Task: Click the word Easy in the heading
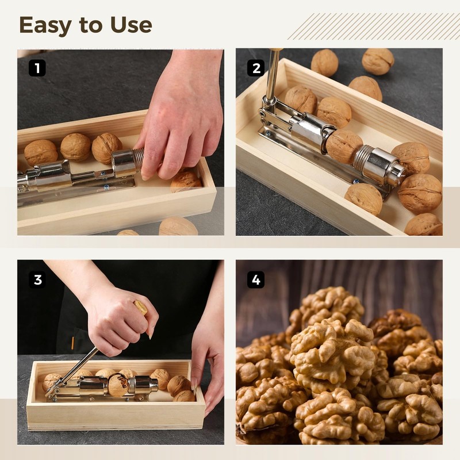pyautogui.click(x=45, y=25)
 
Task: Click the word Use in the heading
pyautogui.click(x=131, y=25)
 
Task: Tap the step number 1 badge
pyautogui.click(x=37, y=68)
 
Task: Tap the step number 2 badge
pyautogui.click(x=256, y=68)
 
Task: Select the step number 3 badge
pyautogui.click(x=37, y=279)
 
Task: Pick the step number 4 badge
pyautogui.click(x=256, y=279)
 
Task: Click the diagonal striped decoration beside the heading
pyautogui.click(x=373, y=26)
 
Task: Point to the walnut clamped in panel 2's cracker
pyautogui.click(x=344, y=147)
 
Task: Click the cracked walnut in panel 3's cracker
pyautogui.click(x=118, y=384)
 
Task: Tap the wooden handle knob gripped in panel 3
pyautogui.click(x=141, y=308)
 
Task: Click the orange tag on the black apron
pyautogui.click(x=73, y=343)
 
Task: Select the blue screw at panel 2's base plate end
pyautogui.click(x=356, y=181)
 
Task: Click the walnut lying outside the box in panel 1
pyautogui.click(x=178, y=226)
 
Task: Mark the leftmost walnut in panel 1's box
pyautogui.click(x=41, y=152)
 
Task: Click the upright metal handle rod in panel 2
pyautogui.click(x=272, y=74)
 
